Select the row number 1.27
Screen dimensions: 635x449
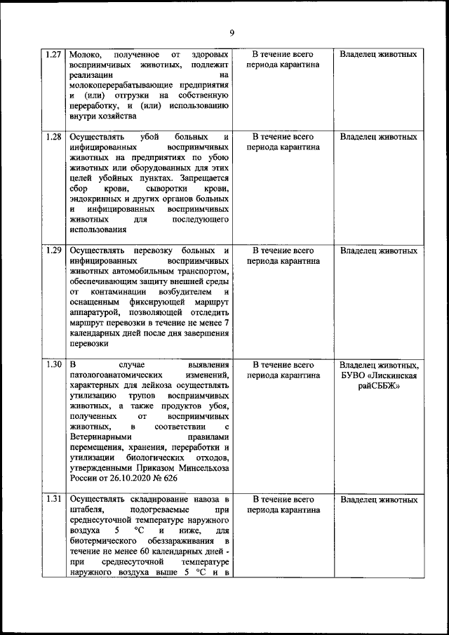point(53,54)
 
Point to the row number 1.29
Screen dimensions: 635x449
point(53,250)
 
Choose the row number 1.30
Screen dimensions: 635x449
point(53,365)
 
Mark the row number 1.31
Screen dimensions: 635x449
point(53,500)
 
